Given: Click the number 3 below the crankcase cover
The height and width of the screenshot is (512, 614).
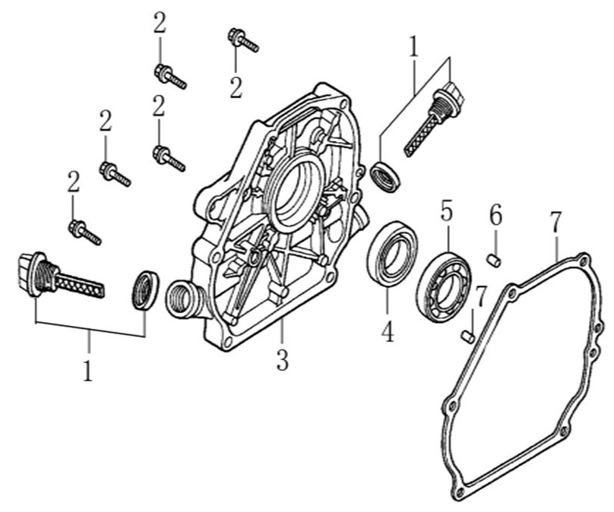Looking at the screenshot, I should pyautogui.click(x=282, y=359).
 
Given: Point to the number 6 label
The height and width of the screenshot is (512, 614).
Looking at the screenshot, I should pyautogui.click(x=495, y=216).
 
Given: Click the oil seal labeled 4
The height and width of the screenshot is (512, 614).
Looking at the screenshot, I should pyautogui.click(x=391, y=252).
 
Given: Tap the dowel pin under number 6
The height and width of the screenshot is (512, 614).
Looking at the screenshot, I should pyautogui.click(x=494, y=261).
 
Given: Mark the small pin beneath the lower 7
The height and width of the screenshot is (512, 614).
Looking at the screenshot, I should pyautogui.click(x=468, y=334).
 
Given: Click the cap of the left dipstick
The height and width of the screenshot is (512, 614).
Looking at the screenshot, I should pyautogui.click(x=29, y=272).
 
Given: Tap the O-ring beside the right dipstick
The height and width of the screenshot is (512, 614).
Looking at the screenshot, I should pyautogui.click(x=386, y=176).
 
